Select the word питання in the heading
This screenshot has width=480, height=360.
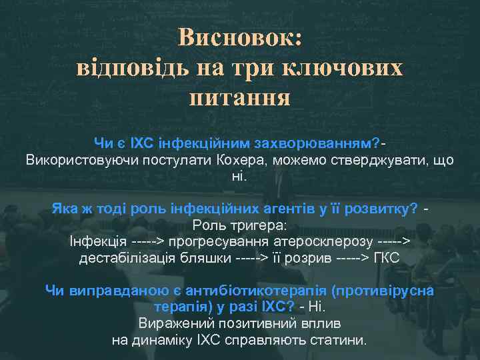240,98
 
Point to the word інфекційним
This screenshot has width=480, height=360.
181,143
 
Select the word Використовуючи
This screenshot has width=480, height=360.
78,160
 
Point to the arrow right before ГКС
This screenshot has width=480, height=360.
349,258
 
